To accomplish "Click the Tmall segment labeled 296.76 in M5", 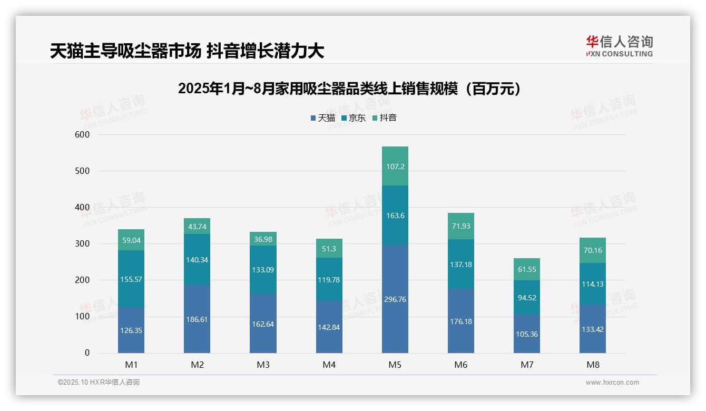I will (395, 299).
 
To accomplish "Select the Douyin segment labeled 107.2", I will (395, 166).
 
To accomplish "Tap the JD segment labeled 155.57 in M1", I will (131, 279).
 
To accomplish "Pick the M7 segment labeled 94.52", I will (526, 297).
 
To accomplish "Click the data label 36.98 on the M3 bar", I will (263, 240).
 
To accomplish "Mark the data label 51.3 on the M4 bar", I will (329, 249).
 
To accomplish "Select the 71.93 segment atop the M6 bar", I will (460, 226).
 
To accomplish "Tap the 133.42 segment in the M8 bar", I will (592, 329).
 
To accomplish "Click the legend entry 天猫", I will (322, 118).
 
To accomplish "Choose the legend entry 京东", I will (353, 118).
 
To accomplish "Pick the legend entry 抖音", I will (384, 118).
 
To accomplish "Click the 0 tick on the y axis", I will (87, 353).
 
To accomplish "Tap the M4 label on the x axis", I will (329, 365).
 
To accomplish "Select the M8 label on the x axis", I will (592, 365).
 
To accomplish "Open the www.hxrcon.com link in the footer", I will (612, 383).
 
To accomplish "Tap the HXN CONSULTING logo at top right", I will (619, 46).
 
